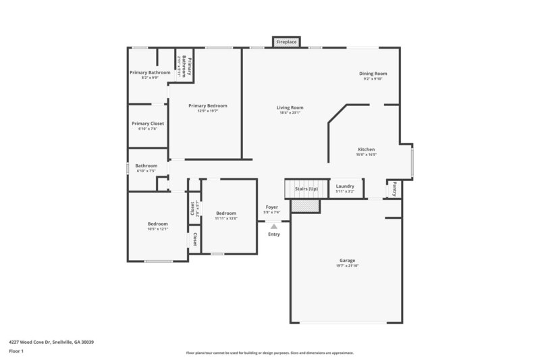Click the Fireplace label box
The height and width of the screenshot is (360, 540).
pyautogui.click(x=287, y=42)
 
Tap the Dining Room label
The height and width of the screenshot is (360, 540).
pyautogui.click(x=373, y=74)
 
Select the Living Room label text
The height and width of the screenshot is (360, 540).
pyautogui.click(x=290, y=107)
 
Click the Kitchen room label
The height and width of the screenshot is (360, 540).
pyautogui.click(x=366, y=149)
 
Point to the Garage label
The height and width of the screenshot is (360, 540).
pyautogui.click(x=347, y=260)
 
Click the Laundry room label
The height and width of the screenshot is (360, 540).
pyautogui.click(x=345, y=186)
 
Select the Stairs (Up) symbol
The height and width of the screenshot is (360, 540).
pyautogui.click(x=306, y=188)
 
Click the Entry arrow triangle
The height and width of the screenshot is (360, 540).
pyautogui.click(x=273, y=227)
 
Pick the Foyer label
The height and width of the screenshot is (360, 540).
pyautogui.click(x=271, y=207)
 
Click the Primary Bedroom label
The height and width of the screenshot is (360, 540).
pyautogui.click(x=207, y=105)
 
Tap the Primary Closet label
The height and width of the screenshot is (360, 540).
pyautogui.click(x=148, y=124)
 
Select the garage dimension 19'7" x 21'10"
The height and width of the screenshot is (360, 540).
pyautogui.click(x=347, y=265)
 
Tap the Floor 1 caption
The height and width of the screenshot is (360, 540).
pyautogui.click(x=16, y=351)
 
